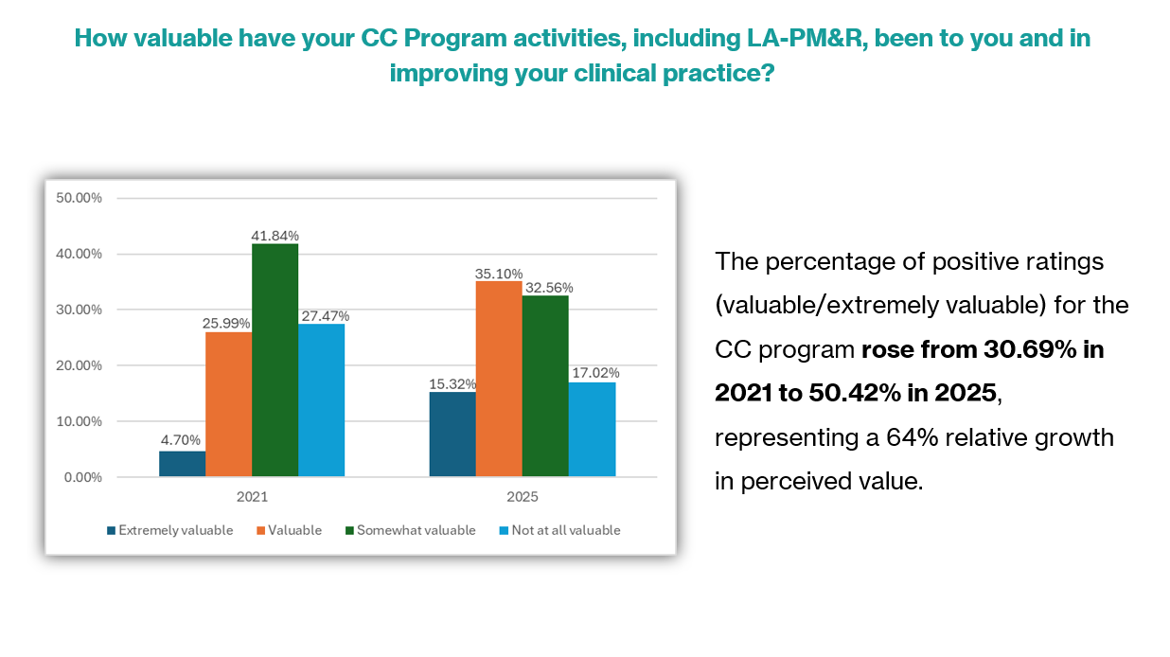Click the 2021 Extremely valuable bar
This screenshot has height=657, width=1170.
[x=182, y=464]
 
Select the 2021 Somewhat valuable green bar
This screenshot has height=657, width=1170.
[x=275, y=360]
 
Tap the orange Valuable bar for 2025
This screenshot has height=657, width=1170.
[x=499, y=379]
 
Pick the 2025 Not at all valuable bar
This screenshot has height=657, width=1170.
[x=592, y=429]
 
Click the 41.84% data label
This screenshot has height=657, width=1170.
[x=275, y=235]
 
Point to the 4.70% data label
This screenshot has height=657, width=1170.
[x=181, y=441]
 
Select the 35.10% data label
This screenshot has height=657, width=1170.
[x=499, y=273]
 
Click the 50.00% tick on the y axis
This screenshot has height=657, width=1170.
[x=80, y=198]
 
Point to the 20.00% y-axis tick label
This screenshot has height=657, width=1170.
[x=80, y=365]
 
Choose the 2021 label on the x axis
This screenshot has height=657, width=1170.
[x=252, y=497]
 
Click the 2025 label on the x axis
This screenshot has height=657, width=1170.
[x=523, y=497]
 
